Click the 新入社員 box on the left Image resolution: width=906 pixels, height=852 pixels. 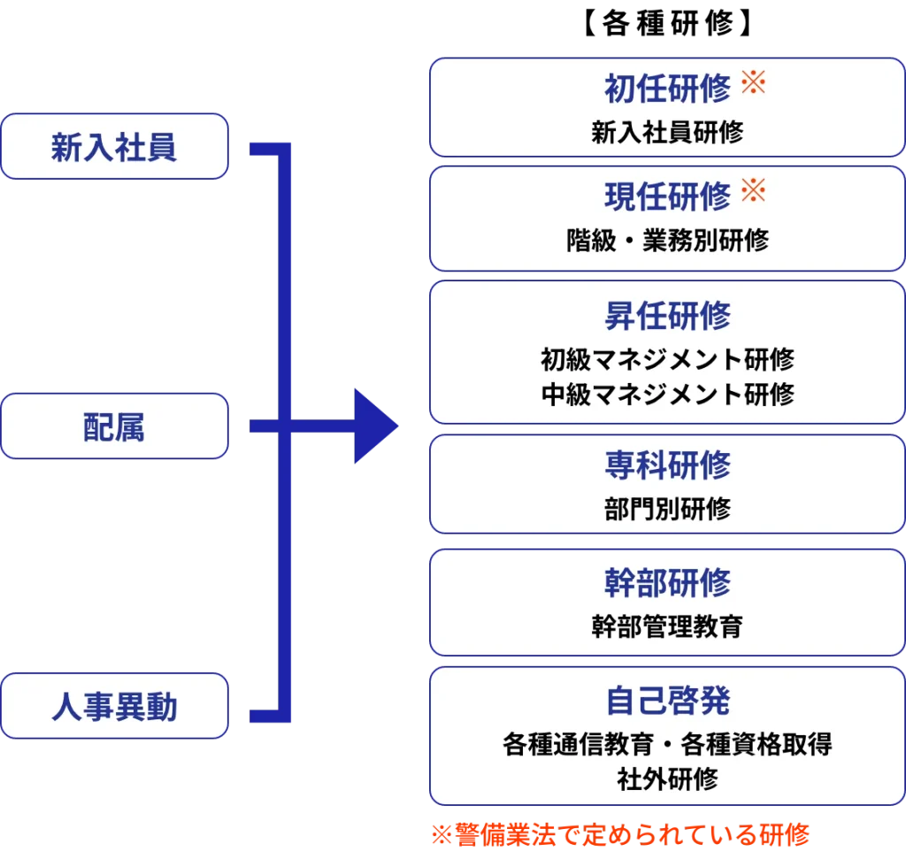[114, 147]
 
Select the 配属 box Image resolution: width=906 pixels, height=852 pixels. [114, 426]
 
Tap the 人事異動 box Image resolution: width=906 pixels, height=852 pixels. [114, 706]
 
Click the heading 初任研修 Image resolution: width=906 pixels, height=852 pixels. [667, 88]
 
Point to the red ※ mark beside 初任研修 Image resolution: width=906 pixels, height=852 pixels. [752, 84]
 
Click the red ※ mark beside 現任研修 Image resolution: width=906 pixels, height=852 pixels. [752, 190]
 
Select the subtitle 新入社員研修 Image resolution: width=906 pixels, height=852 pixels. [667, 133]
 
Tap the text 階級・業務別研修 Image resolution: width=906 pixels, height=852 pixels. [667, 240]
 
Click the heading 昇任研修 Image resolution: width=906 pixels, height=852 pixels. [667, 315]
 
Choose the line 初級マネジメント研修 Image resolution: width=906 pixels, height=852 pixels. [667, 359]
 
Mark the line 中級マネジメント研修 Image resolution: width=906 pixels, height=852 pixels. [667, 394]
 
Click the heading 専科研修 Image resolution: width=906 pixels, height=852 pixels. [667, 464]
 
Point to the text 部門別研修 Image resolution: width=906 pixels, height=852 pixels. [667, 509]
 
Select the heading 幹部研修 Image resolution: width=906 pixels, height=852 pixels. [667, 582]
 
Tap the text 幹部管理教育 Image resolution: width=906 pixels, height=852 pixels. [667, 626]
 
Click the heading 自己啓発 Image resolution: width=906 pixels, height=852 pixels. [667, 700]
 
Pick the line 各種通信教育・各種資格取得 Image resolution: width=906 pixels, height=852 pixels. [667, 744]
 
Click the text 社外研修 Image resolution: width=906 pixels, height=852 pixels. [667, 779]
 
